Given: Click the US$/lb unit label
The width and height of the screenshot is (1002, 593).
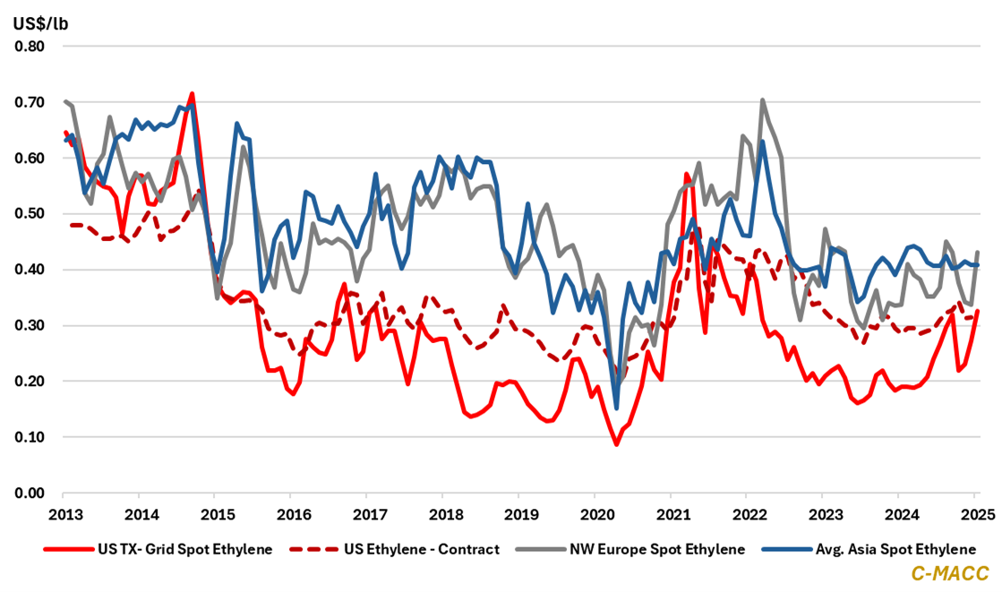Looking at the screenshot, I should (40, 22).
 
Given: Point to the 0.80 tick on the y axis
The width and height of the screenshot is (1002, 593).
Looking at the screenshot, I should (30, 46).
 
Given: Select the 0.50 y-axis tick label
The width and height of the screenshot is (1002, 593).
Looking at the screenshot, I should (30, 213).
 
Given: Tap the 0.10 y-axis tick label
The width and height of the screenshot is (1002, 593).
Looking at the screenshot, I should (30, 437).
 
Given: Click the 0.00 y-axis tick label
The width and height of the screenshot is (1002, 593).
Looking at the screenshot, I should (30, 493).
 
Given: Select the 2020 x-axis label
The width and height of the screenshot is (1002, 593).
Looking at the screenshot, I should (595, 516).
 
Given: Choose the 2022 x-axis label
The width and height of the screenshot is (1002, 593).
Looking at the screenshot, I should (749, 516).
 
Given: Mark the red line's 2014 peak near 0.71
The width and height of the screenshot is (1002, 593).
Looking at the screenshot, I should (192, 93).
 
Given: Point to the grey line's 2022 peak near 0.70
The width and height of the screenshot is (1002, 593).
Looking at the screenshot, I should (762, 100).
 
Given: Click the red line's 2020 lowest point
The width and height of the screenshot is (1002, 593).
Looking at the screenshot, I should (616, 444).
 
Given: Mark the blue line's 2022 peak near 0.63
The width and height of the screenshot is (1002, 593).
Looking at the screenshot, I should (762, 142).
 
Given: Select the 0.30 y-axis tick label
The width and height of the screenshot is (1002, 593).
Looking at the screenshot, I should (30, 325).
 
